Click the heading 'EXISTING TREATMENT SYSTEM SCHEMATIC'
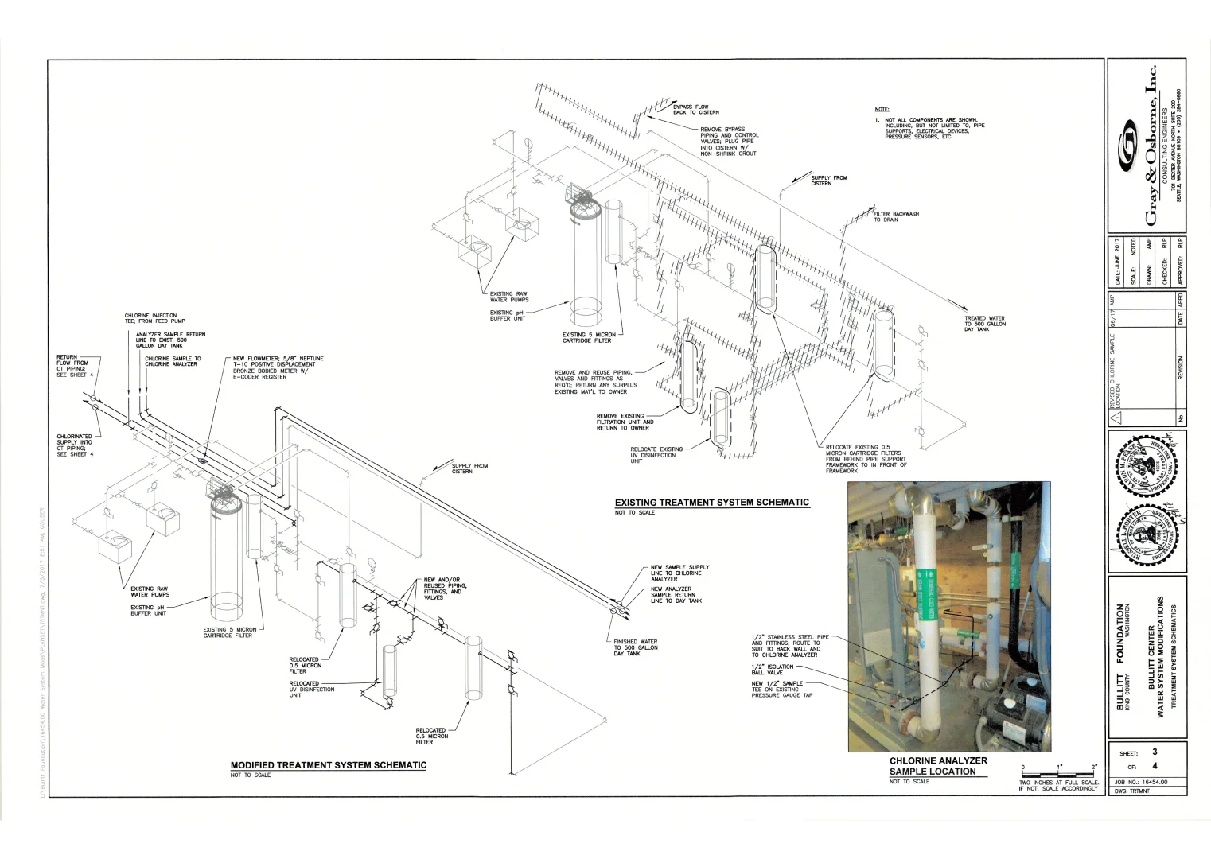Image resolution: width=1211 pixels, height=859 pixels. click(x=711, y=503)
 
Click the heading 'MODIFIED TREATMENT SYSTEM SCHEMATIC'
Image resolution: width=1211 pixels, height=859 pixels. click(x=328, y=765)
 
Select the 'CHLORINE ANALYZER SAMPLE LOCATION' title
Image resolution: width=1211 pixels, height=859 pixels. click(x=937, y=766)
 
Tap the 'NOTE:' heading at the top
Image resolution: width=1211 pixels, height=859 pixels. click(x=882, y=109)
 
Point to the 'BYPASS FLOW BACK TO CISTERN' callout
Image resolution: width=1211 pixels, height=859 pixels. click(x=695, y=109)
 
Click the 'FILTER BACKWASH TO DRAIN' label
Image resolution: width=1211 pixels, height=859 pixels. click(x=896, y=216)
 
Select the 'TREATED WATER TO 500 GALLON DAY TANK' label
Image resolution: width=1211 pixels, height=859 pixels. click(x=984, y=324)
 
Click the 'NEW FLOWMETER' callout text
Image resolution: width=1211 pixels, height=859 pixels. click(x=278, y=367)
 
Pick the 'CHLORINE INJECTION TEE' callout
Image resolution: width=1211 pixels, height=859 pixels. click(x=154, y=318)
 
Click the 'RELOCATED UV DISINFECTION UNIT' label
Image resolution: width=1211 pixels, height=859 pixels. click(x=311, y=689)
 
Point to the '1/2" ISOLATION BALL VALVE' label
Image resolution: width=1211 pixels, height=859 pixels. click(x=772, y=670)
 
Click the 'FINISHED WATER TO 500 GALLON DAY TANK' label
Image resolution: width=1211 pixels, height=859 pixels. click(x=635, y=647)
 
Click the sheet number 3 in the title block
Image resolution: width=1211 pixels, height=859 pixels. click(x=1155, y=752)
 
